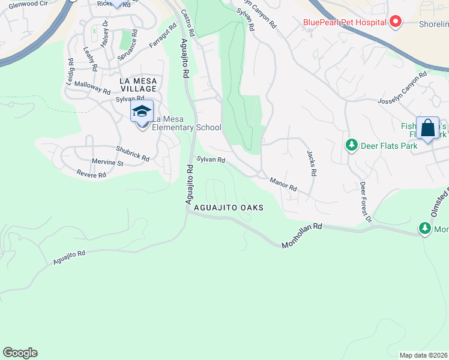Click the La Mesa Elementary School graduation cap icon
142,111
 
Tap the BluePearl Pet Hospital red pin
395,23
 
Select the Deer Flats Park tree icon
351,145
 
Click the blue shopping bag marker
427,128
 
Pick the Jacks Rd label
311,163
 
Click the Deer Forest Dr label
365,202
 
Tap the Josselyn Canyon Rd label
402,88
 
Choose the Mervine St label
107,163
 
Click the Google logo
20,353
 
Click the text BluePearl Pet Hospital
344,23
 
